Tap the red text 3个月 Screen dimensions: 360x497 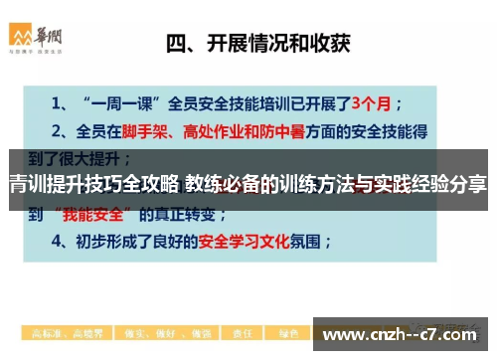click(383, 101)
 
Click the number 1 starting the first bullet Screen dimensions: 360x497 click(58, 101)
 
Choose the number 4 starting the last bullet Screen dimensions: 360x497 click(58, 241)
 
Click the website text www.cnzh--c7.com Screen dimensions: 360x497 click(403, 334)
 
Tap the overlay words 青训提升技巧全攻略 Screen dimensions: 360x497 click(93, 183)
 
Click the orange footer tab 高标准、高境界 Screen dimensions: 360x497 click(59, 332)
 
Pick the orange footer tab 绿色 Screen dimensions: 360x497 click(288, 332)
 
